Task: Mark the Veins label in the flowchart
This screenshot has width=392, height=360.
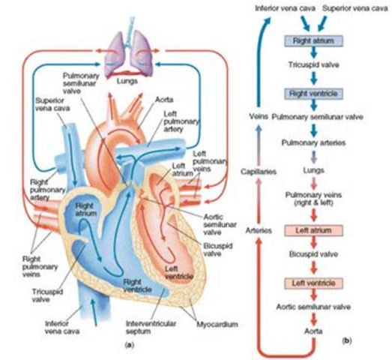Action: click(259, 118)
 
